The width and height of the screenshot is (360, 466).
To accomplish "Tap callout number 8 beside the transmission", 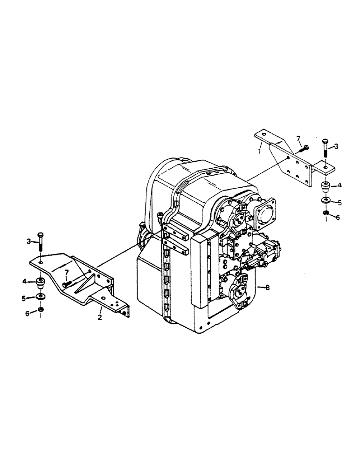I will click(268, 288).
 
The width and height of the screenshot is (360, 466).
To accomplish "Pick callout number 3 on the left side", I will click(29, 240).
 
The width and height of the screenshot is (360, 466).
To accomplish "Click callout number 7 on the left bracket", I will click(67, 272).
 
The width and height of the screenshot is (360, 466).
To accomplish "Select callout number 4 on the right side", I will click(340, 185).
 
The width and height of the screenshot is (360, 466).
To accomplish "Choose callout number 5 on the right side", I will click(340, 202).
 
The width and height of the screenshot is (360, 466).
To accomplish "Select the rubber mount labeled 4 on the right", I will click(325, 186).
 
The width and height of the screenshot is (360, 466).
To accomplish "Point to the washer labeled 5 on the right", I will click(325, 201).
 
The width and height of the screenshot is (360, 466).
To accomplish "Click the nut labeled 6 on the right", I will click(325, 214).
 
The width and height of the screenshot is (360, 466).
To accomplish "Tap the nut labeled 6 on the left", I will click(41, 311).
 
